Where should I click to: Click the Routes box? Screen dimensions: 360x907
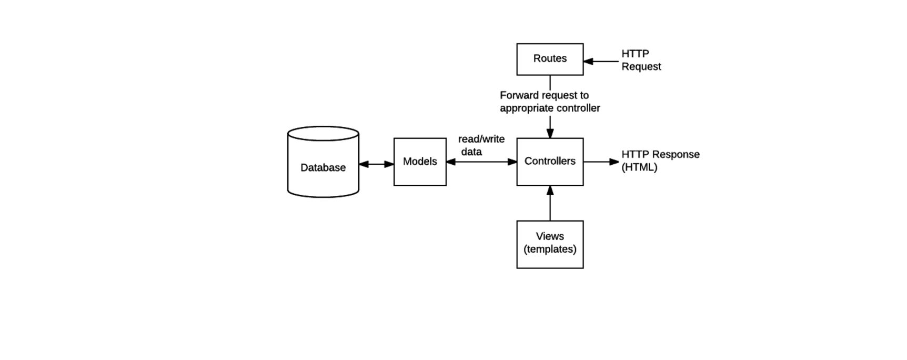550,59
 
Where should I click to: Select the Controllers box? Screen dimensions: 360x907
550,162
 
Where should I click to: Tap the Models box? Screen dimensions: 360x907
420,162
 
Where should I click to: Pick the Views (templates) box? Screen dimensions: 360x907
550,244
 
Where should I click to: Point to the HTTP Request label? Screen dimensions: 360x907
641,60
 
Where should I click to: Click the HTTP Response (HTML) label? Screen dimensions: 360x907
660,161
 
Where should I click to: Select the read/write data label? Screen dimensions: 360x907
480,145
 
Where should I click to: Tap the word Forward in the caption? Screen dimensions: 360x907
519,95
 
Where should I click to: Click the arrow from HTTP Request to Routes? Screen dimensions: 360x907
601,61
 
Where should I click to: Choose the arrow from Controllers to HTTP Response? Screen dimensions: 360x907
601,162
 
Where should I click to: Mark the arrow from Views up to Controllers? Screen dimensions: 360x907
550,204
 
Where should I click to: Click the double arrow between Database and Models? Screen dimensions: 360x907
376,164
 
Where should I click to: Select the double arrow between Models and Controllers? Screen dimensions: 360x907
481,162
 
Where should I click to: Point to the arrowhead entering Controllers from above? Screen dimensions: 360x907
550,133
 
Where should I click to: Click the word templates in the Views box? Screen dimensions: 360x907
550,249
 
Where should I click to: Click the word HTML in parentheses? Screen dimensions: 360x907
639,167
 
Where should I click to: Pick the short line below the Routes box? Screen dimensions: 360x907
550,82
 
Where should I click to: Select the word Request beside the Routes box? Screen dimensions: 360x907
641,67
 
